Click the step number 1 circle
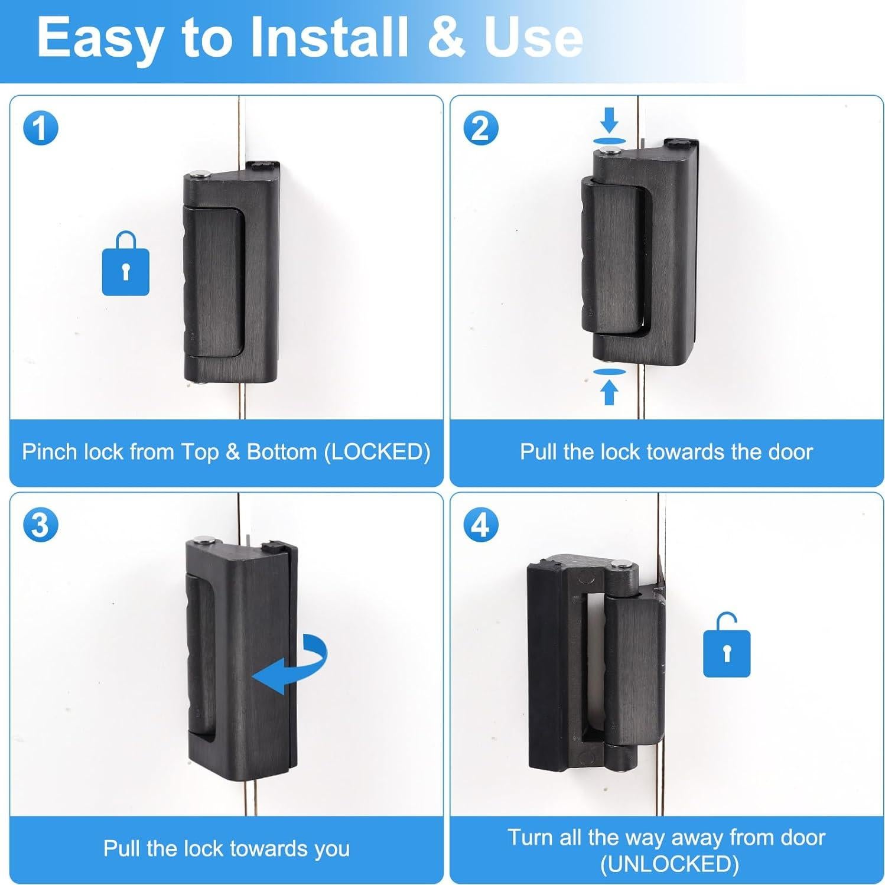[x=40, y=128]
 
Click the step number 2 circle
[x=481, y=128]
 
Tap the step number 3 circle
[x=40, y=524]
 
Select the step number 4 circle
[x=481, y=524]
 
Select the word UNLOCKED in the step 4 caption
[x=669, y=864]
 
